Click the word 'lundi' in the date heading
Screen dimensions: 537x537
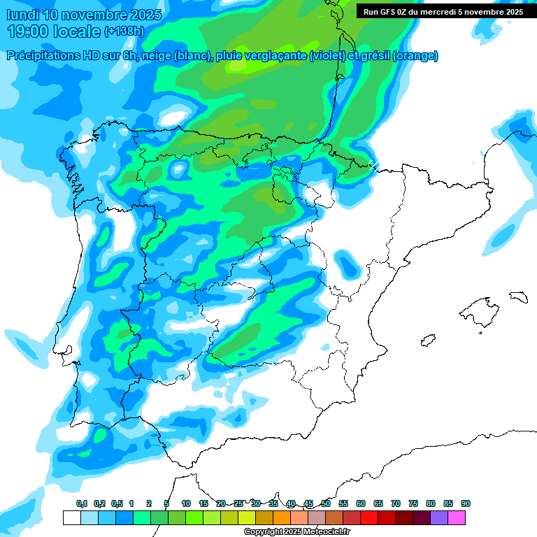22,15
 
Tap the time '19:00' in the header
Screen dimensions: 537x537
30,31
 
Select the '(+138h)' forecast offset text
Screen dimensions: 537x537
124,31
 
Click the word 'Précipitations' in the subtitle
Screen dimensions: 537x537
43,56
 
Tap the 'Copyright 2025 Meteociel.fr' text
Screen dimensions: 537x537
296,532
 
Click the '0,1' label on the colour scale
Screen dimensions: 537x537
82,503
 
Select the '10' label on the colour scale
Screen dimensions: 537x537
186,503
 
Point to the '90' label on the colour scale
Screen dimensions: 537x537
466,503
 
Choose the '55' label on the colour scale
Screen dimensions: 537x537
343,503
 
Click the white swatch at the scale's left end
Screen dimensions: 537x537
71,517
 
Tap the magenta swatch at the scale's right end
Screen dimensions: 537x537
457,517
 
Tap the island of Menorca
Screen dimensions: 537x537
518,296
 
